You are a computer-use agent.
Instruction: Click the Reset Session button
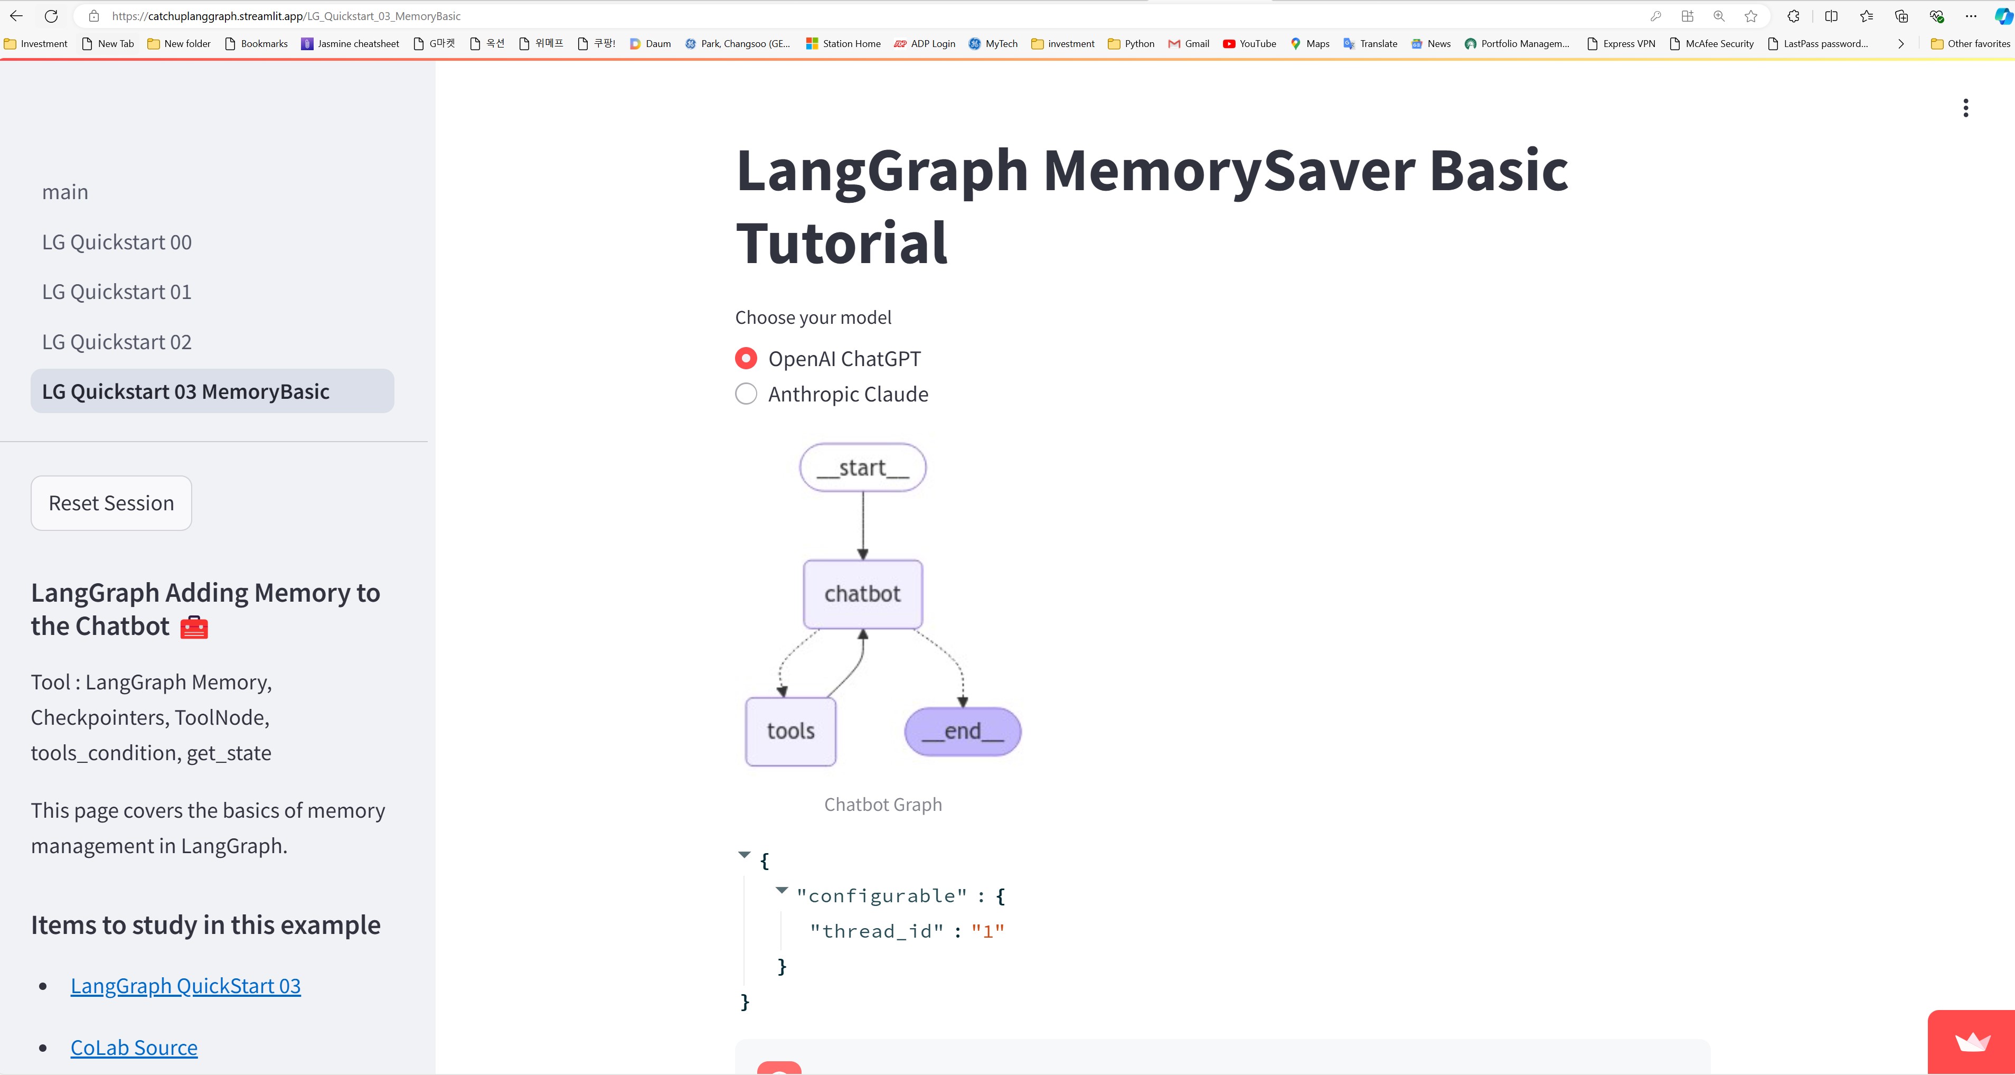click(x=111, y=503)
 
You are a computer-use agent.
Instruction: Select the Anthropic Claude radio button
click(x=746, y=394)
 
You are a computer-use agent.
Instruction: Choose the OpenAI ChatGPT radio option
click(x=746, y=358)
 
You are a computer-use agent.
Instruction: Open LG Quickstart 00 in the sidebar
click(x=117, y=242)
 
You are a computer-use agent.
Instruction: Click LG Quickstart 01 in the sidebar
click(x=117, y=292)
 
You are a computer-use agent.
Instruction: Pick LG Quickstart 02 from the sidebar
click(x=117, y=342)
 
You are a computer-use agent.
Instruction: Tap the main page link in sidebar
click(x=65, y=192)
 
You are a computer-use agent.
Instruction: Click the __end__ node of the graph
click(x=962, y=731)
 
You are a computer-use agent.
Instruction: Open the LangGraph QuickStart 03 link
click(x=185, y=986)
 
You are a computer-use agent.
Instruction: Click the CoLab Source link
click(x=134, y=1048)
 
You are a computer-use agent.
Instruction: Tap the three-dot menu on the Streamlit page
click(x=1965, y=108)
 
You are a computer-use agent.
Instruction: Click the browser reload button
click(x=51, y=16)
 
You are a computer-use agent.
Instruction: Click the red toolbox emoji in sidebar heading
click(x=194, y=628)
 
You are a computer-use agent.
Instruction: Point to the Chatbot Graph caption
click(x=883, y=805)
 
